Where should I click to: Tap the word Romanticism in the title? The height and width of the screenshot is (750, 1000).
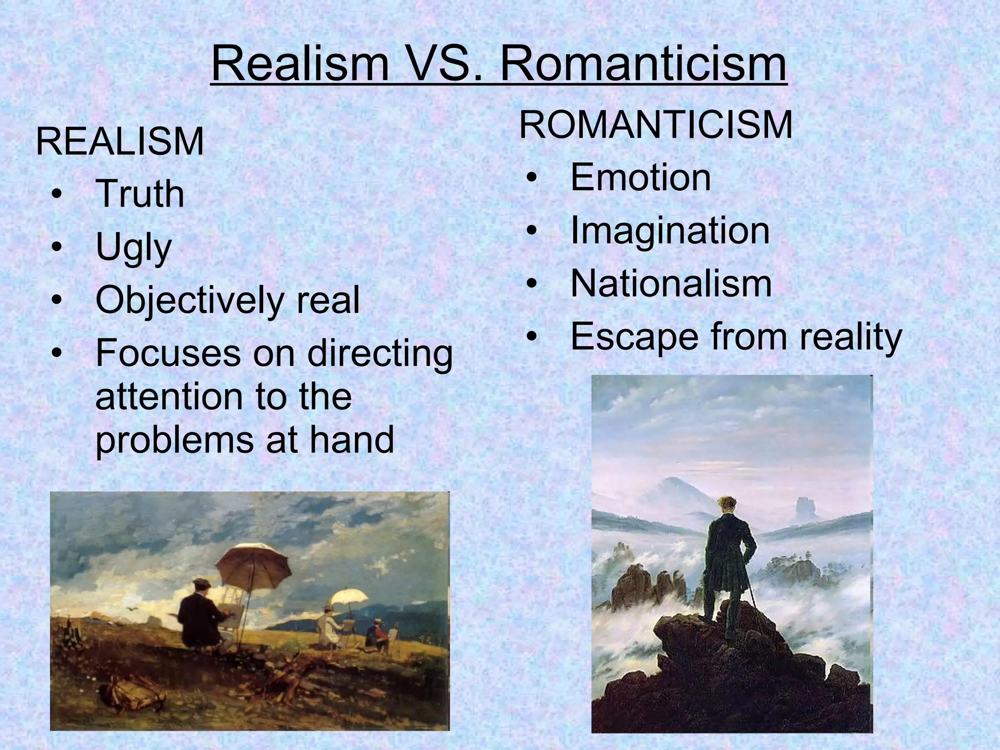tap(644, 64)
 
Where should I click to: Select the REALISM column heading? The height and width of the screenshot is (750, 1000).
tap(120, 142)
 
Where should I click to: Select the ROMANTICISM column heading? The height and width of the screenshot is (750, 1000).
tap(656, 125)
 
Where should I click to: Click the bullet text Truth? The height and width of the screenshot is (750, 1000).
tap(140, 194)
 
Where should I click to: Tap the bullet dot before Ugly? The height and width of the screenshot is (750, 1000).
tap(57, 248)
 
